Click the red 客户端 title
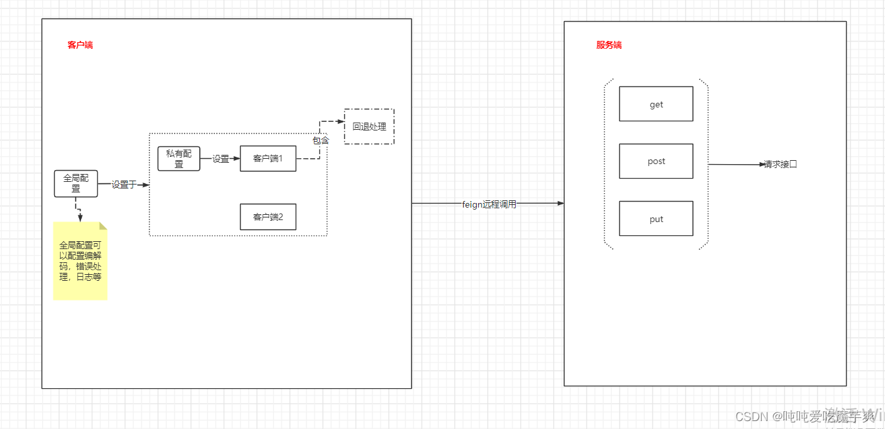point(80,45)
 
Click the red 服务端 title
point(609,45)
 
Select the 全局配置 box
point(76,183)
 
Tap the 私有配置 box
point(179,159)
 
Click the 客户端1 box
point(268,159)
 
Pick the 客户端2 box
point(268,217)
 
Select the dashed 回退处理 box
point(369,127)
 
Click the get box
point(656,104)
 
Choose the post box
point(656,161)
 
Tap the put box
point(656,219)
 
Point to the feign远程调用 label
point(489,204)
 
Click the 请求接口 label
point(780,165)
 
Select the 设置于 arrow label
point(123,185)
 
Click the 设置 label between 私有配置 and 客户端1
point(220,159)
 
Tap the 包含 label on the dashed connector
point(320,140)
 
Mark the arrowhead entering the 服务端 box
point(561,204)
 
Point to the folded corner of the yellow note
point(103,225)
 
